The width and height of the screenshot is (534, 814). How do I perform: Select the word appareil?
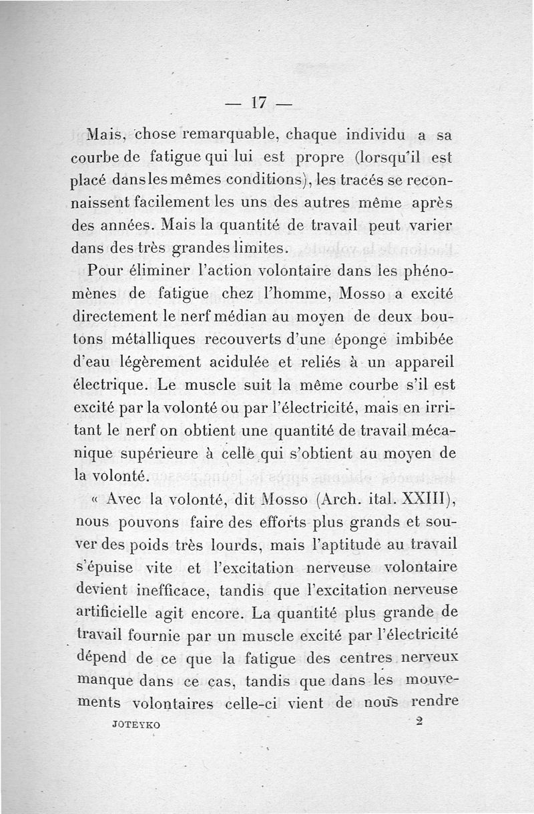click(424, 364)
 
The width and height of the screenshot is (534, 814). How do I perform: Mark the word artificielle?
click(116, 613)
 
